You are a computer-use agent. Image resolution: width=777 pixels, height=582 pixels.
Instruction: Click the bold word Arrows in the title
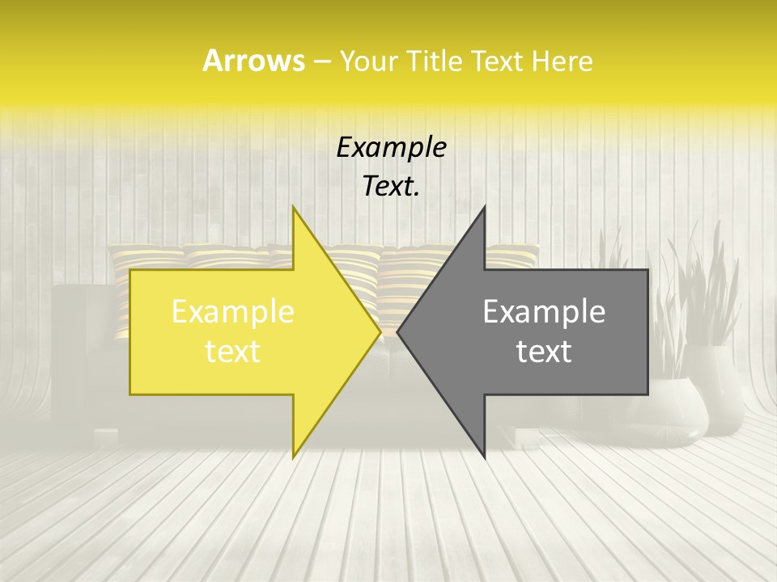(253, 61)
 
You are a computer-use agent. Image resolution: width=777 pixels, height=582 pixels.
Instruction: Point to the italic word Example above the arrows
(391, 148)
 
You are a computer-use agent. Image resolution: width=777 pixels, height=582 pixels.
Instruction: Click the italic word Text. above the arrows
(391, 187)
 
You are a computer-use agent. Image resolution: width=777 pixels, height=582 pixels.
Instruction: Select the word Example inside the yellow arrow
(232, 312)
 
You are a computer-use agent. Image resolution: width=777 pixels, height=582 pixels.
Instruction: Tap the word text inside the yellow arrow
(232, 352)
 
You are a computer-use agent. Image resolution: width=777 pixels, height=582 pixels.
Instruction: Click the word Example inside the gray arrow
(544, 312)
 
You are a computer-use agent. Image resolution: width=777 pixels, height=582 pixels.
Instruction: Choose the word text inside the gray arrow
(544, 352)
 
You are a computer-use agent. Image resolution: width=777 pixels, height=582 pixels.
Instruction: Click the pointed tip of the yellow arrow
(380, 332)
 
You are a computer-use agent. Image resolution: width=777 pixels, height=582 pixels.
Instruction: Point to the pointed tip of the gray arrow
(398, 332)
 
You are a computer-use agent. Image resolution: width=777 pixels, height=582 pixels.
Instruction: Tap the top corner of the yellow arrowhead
(294, 209)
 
